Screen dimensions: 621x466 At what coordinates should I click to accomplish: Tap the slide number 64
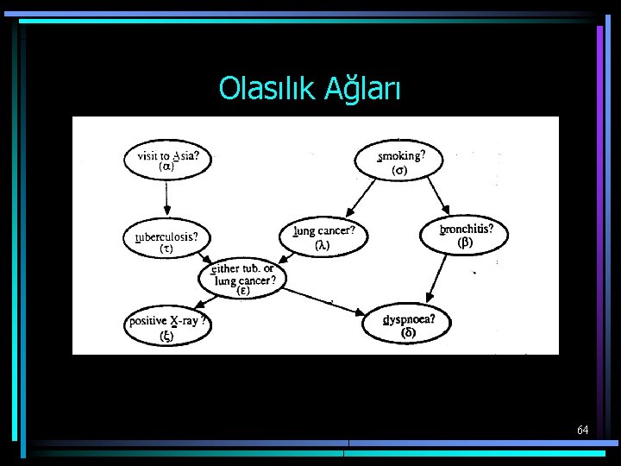point(583,429)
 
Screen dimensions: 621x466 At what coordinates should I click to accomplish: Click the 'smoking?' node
point(398,161)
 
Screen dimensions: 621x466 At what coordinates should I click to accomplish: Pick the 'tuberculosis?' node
point(167,241)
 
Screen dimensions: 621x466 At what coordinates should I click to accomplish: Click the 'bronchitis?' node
point(464,235)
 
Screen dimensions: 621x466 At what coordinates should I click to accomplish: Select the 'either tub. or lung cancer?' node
point(244,278)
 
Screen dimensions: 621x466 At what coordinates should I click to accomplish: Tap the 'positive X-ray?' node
point(167,327)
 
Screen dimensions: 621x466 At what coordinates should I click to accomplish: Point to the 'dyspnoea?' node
point(409,324)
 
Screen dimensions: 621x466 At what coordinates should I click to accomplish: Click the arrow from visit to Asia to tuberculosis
point(167,200)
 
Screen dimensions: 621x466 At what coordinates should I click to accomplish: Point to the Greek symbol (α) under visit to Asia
point(167,168)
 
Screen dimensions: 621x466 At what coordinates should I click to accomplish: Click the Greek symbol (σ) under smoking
point(399,170)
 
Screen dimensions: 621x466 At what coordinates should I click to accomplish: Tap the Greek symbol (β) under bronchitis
point(465,242)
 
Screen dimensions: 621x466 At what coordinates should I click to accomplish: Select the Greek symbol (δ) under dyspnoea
point(409,333)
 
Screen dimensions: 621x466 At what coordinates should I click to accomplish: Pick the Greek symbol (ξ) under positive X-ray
point(165,336)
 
